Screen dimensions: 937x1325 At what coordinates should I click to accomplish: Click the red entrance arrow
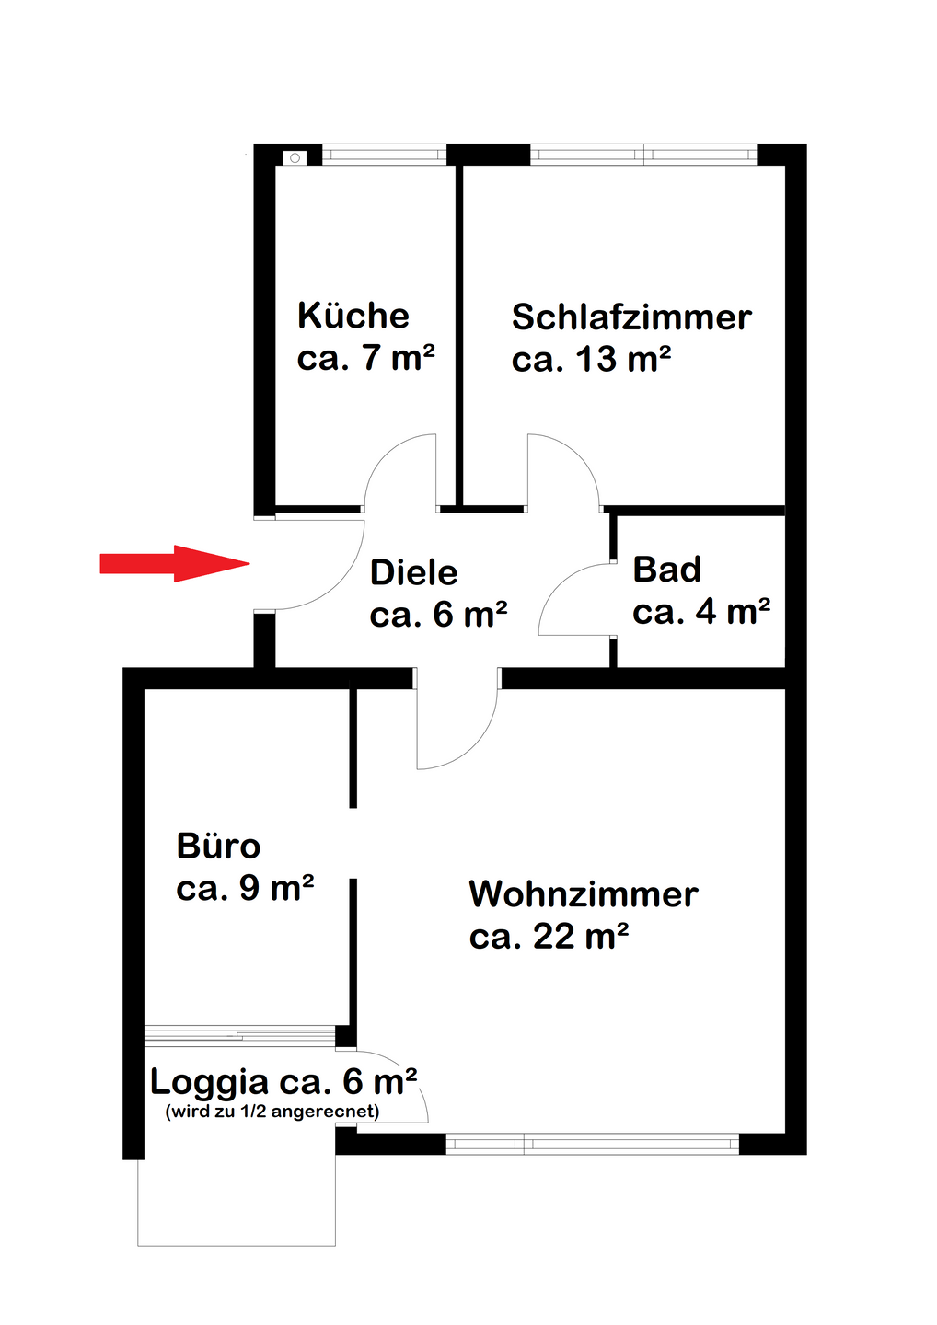pyautogui.click(x=175, y=564)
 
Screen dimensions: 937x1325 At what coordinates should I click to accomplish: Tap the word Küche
pyautogui.click(x=353, y=316)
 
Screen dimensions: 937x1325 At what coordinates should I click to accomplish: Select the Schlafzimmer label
pyautogui.click(x=631, y=317)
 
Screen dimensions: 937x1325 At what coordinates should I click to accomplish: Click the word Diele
pyautogui.click(x=414, y=572)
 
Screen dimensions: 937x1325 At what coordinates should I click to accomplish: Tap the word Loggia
pyautogui.click(x=210, y=1082)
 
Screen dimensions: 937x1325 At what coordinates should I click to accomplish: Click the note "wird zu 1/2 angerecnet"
pyautogui.click(x=272, y=1112)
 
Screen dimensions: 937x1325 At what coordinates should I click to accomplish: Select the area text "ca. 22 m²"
pyautogui.click(x=549, y=936)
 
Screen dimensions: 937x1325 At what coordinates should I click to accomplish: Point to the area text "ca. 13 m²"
pyautogui.click(x=591, y=359)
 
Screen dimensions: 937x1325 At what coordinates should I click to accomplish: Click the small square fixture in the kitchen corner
pyautogui.click(x=295, y=158)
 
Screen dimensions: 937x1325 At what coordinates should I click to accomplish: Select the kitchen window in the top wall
pyautogui.click(x=384, y=155)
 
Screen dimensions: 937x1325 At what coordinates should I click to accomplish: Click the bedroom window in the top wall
pyautogui.click(x=643, y=155)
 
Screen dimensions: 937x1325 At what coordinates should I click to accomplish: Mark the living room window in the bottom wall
pyautogui.click(x=592, y=1144)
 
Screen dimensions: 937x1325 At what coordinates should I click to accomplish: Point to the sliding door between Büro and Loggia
pyautogui.click(x=239, y=1035)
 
